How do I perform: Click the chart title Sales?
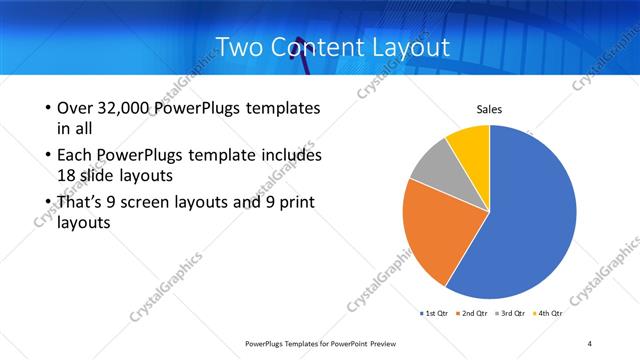point(488,109)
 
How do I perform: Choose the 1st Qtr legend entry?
point(433,313)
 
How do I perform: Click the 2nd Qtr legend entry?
point(473,313)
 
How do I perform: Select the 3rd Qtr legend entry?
point(511,313)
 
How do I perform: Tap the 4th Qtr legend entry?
point(548,313)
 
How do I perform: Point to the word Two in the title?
point(239,47)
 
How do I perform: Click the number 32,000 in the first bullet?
point(123,107)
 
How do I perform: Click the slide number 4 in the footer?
point(590,343)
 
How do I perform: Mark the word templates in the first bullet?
point(282,107)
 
